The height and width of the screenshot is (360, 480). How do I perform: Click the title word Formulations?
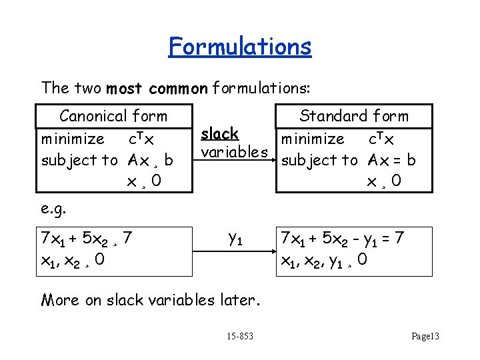click(240, 47)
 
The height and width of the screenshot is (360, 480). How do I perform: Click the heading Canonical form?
click(113, 116)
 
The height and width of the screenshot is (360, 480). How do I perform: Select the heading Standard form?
click(354, 116)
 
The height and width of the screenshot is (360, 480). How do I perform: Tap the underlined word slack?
click(220, 133)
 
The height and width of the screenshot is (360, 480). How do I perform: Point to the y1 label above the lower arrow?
click(235, 237)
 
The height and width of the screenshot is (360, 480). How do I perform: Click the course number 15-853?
click(239, 336)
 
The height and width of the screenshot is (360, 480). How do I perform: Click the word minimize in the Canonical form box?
click(73, 139)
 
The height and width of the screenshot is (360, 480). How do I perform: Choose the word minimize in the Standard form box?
click(313, 139)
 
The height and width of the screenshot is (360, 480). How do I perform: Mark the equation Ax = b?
click(391, 160)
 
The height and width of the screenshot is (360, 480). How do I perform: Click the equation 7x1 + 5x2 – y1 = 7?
click(343, 237)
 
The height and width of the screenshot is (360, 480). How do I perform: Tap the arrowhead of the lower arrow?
click(272, 253)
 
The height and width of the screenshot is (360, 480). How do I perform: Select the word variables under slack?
click(234, 152)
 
